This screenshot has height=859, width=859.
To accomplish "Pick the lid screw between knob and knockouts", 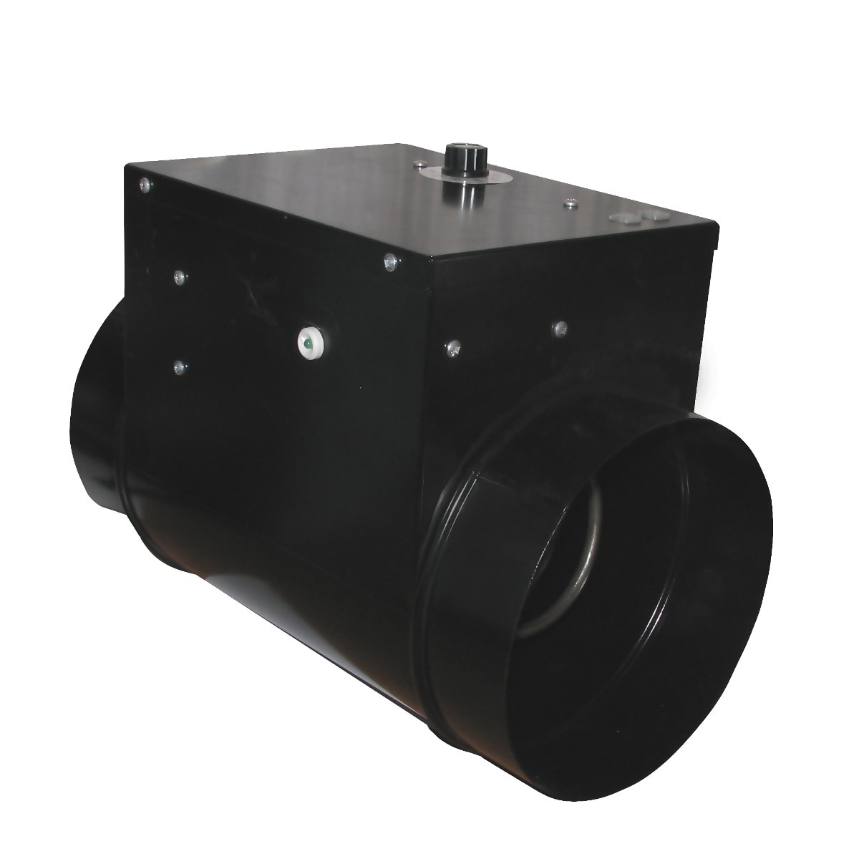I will coord(570,205).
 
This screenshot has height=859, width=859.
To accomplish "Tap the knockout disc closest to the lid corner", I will coord(653,214).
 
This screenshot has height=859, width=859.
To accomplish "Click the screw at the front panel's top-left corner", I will coord(145,184).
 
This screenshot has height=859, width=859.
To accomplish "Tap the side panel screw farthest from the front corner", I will coord(560,328).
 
